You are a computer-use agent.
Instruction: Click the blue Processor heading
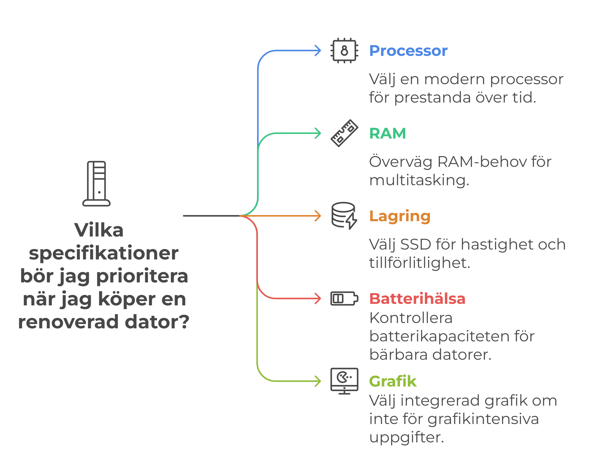point(408,51)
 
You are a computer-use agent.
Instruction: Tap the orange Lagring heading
point(400,216)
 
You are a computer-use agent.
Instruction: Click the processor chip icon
point(344,51)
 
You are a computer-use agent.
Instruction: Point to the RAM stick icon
point(344,133)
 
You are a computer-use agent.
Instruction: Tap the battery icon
point(344,298)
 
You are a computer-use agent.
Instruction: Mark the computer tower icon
point(96,184)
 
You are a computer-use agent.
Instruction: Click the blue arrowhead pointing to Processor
point(318,51)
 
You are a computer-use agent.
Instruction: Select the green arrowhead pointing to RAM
point(318,133)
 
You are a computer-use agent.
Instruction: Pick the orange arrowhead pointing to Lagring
point(318,216)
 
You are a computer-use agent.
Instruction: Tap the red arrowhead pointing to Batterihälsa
point(318,298)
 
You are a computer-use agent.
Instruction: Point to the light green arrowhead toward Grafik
point(318,381)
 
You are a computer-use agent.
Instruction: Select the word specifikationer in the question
point(104,253)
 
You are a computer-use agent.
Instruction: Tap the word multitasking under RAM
point(419,180)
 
